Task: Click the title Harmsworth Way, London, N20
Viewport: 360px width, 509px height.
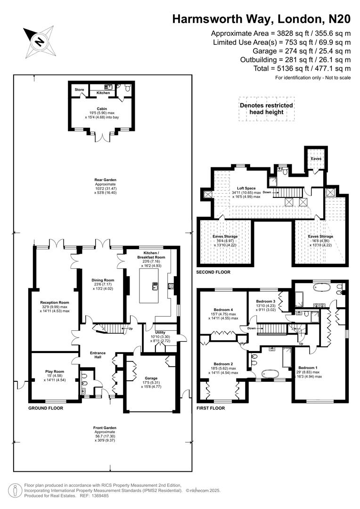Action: pyautogui.click(x=261, y=19)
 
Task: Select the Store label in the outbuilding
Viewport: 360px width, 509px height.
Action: pyautogui.click(x=79, y=89)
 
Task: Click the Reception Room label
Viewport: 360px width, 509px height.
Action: pyautogui.click(x=55, y=303)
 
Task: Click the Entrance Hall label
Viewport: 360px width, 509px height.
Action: pyautogui.click(x=98, y=355)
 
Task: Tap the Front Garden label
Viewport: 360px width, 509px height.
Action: pyautogui.click(x=105, y=428)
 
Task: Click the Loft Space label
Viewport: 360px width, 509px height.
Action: pyautogui.click(x=247, y=188)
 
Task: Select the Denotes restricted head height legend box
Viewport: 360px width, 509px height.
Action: pyautogui.click(x=266, y=109)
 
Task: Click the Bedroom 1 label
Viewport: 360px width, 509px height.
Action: pyautogui.click(x=309, y=368)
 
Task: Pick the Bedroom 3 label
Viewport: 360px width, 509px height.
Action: pyautogui.click(x=265, y=301)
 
